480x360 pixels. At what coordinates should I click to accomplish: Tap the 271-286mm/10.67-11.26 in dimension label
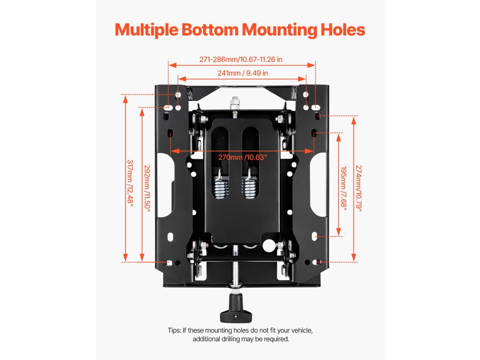(x=240, y=60)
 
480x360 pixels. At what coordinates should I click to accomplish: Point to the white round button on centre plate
(x=268, y=245)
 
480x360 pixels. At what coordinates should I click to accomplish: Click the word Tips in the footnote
(x=175, y=330)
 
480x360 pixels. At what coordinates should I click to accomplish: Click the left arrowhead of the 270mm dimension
(x=172, y=151)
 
